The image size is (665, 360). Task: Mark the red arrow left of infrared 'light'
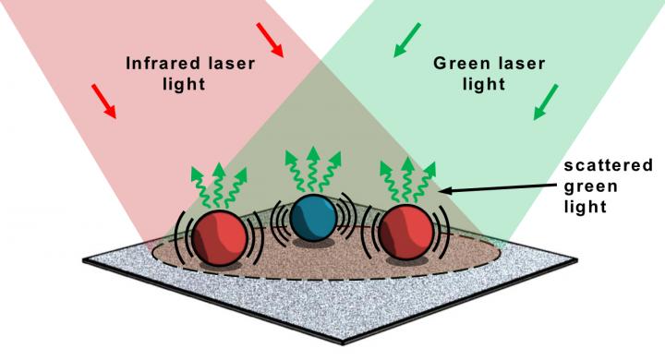click(x=104, y=102)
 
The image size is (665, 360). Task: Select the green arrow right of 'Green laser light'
click(x=545, y=102)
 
